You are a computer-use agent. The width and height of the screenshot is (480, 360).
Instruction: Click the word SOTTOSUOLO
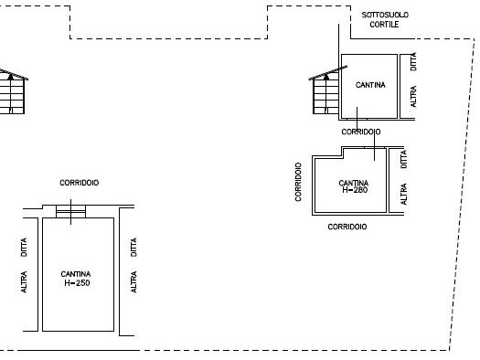coord(385,15)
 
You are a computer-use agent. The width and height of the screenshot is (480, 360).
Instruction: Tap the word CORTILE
coord(384,25)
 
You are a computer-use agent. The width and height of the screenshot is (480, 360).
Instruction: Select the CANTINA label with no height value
coord(370,85)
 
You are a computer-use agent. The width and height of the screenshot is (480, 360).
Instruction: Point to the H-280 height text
coord(355,190)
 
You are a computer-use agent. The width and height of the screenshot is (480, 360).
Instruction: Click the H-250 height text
coord(77,283)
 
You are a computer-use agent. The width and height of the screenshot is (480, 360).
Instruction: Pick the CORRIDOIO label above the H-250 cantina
coord(80,183)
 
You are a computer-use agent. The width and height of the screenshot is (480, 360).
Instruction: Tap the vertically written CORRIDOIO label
coord(298,182)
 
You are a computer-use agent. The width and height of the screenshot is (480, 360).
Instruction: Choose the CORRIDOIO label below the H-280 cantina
coord(347,227)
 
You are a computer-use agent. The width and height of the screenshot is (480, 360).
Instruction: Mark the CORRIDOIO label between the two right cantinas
coord(361,132)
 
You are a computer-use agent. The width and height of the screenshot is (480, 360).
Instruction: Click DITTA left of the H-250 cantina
coord(24,247)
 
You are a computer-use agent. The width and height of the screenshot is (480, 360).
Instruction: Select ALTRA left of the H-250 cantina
coord(24,281)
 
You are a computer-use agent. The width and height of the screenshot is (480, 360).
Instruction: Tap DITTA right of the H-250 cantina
coord(133,247)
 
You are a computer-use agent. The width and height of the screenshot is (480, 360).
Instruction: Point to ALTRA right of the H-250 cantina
coord(133,281)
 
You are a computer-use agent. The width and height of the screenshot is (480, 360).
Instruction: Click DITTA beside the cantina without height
coord(413,61)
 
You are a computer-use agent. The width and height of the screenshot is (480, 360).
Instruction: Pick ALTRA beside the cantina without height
coord(413,96)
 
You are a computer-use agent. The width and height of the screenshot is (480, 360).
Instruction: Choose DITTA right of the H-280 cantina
coord(404,159)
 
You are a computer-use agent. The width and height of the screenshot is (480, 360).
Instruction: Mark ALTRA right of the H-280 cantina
coord(404,194)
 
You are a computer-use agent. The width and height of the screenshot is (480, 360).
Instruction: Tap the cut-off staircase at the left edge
coord(12,92)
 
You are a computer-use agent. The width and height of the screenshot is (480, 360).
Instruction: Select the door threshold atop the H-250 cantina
coord(70,211)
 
